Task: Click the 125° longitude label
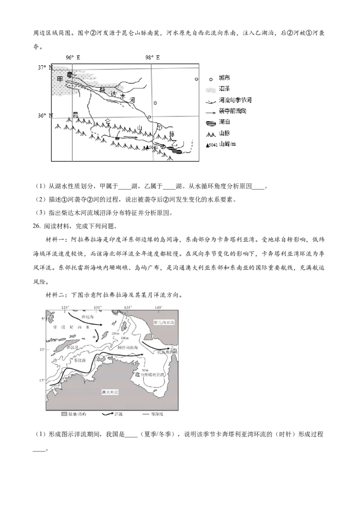click(x=65, y=308)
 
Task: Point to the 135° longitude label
click(x=128, y=308)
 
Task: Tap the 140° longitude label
click(x=158, y=308)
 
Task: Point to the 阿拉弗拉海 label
click(x=127, y=348)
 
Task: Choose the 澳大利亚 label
click(x=110, y=392)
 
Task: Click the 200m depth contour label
click(x=115, y=334)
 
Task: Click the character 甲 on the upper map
click(x=60, y=79)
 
